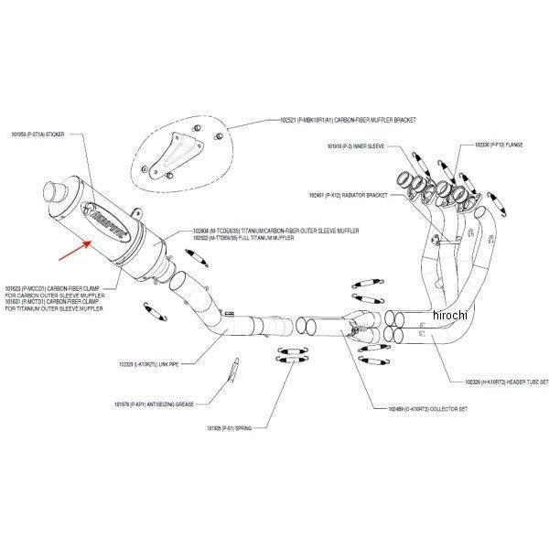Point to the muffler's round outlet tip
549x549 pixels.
[52, 195]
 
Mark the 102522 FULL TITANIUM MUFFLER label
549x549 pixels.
[234, 238]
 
